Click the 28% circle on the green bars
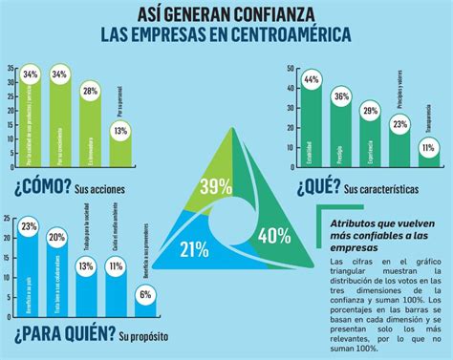click(91, 92)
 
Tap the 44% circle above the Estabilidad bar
click(310, 81)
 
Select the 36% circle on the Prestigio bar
click(340, 96)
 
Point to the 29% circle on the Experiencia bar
click(370, 111)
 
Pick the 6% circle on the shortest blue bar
click(145, 295)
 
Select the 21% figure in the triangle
click(194, 250)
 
